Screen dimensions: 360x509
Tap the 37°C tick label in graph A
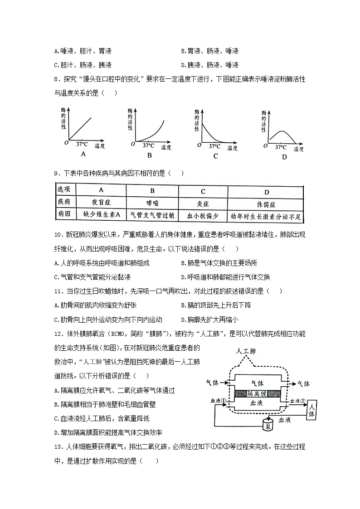pos(82,144)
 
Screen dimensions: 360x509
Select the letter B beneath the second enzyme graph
pos(149,155)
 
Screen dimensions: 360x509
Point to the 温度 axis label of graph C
pos(233,148)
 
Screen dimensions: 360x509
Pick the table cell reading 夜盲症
pos(101,204)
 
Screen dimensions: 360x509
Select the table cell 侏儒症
pos(267,204)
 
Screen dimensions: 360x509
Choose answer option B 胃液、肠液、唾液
pos(209,51)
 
